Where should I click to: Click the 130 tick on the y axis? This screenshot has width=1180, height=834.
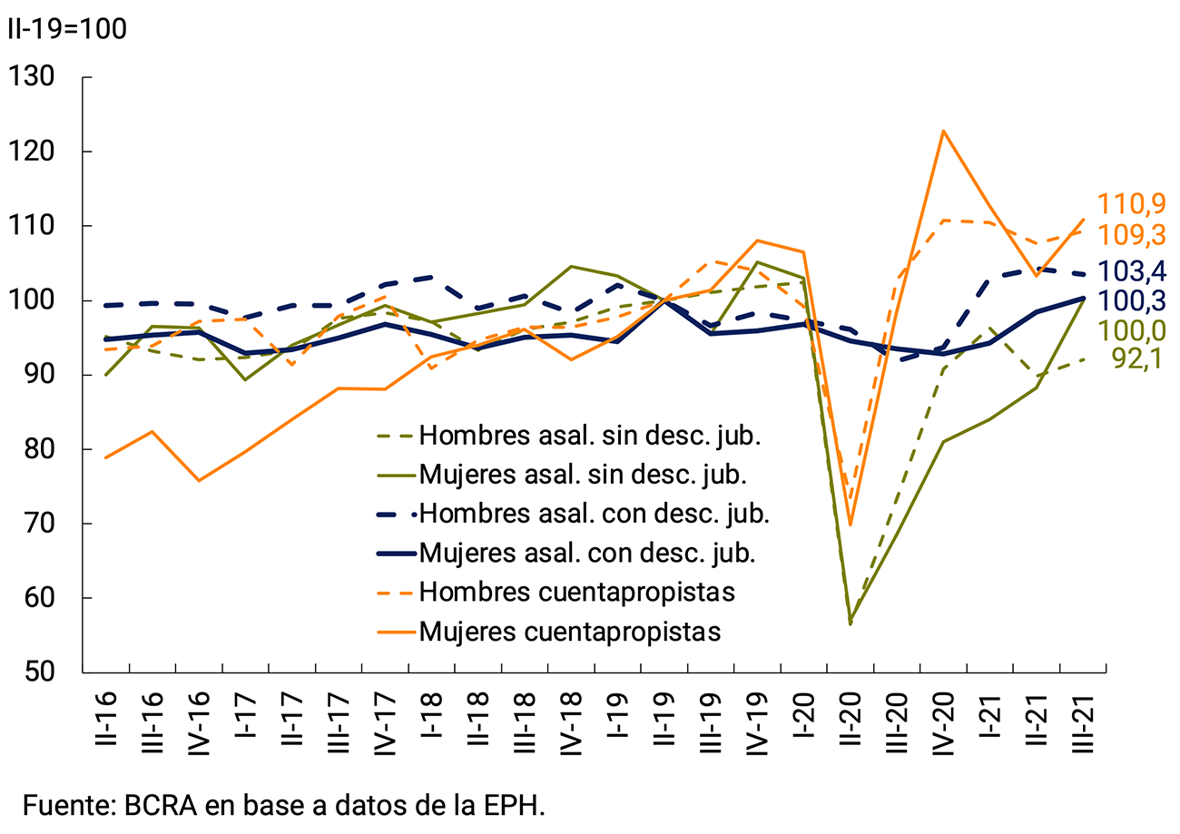pos(43,77)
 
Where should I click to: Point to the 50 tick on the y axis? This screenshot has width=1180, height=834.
pos(43,672)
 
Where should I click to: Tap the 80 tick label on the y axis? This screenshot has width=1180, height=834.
pos(43,449)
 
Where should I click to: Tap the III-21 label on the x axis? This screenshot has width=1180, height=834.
pos(1084,722)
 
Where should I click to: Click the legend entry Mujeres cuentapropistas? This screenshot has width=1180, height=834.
pos(569,631)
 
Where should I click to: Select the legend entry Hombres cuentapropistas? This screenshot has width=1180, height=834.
pos(576,592)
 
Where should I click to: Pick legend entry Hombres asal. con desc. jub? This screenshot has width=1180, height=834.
pos(595,514)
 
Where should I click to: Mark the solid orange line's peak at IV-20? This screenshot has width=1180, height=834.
pos(944,131)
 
